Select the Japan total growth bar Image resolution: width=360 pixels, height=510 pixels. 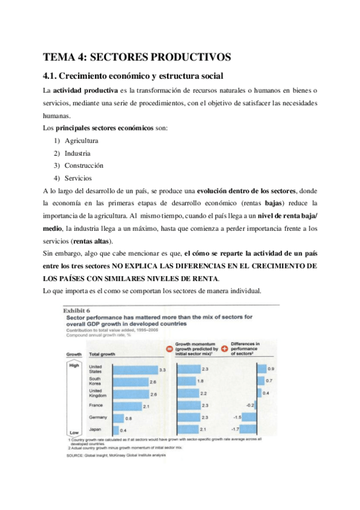pos(117,431)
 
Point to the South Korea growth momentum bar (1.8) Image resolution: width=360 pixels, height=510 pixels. pos(187,381)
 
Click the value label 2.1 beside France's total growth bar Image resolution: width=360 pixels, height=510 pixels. pos(146,407)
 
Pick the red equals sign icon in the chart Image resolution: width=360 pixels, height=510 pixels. pos(169,348)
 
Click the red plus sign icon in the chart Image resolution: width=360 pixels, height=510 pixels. pos(225,348)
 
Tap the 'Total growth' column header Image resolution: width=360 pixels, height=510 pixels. pos(102,355)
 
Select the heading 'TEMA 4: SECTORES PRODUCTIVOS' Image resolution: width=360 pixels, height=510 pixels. pos(136,57)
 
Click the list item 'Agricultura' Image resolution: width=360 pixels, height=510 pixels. pos(82,141)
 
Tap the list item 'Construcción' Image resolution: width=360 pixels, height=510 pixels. pos(84,165)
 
